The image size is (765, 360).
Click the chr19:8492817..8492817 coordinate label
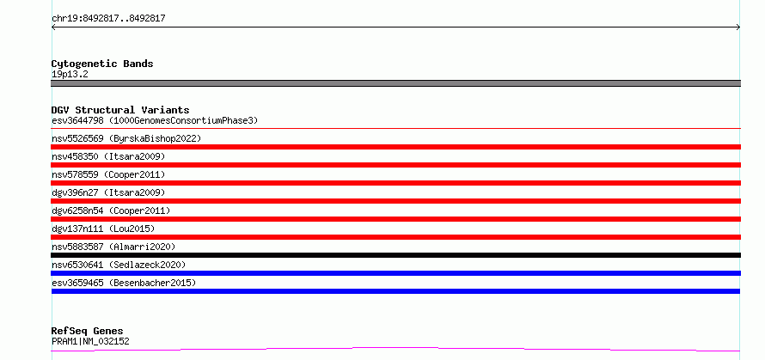pos(108,19)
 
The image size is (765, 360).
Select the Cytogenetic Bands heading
pos(102,64)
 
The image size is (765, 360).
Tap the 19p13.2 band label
pos(70,75)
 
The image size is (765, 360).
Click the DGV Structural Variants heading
pos(120,110)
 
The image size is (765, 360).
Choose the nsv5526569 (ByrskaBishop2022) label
pos(126,138)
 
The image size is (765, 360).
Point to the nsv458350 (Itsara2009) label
pos(108,156)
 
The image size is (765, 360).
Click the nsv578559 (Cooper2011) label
pos(108,174)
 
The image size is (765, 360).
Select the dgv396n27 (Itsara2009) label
pos(108,192)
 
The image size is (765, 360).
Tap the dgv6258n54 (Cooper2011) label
pos(111,211)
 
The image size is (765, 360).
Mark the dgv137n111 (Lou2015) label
pos(103,229)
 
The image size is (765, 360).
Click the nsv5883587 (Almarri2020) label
pos(113,247)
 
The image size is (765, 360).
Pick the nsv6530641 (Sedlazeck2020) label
pos(119,265)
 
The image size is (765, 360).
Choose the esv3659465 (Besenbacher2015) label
pos(124,283)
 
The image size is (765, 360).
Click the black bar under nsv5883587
pos(395,255)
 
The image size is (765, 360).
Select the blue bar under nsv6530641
pos(395,273)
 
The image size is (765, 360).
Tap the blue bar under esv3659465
pos(395,291)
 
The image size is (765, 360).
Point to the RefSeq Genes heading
pos(88,332)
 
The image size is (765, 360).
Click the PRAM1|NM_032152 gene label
pos(90,341)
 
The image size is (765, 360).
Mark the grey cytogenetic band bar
pos(395,83)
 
